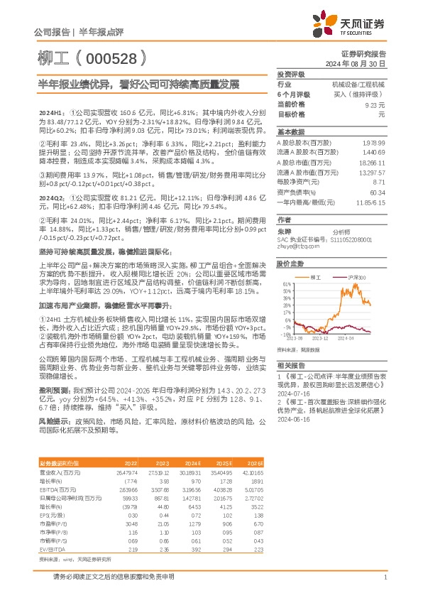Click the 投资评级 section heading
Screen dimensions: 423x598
pos(290,74)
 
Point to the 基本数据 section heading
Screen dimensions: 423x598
pos(290,132)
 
